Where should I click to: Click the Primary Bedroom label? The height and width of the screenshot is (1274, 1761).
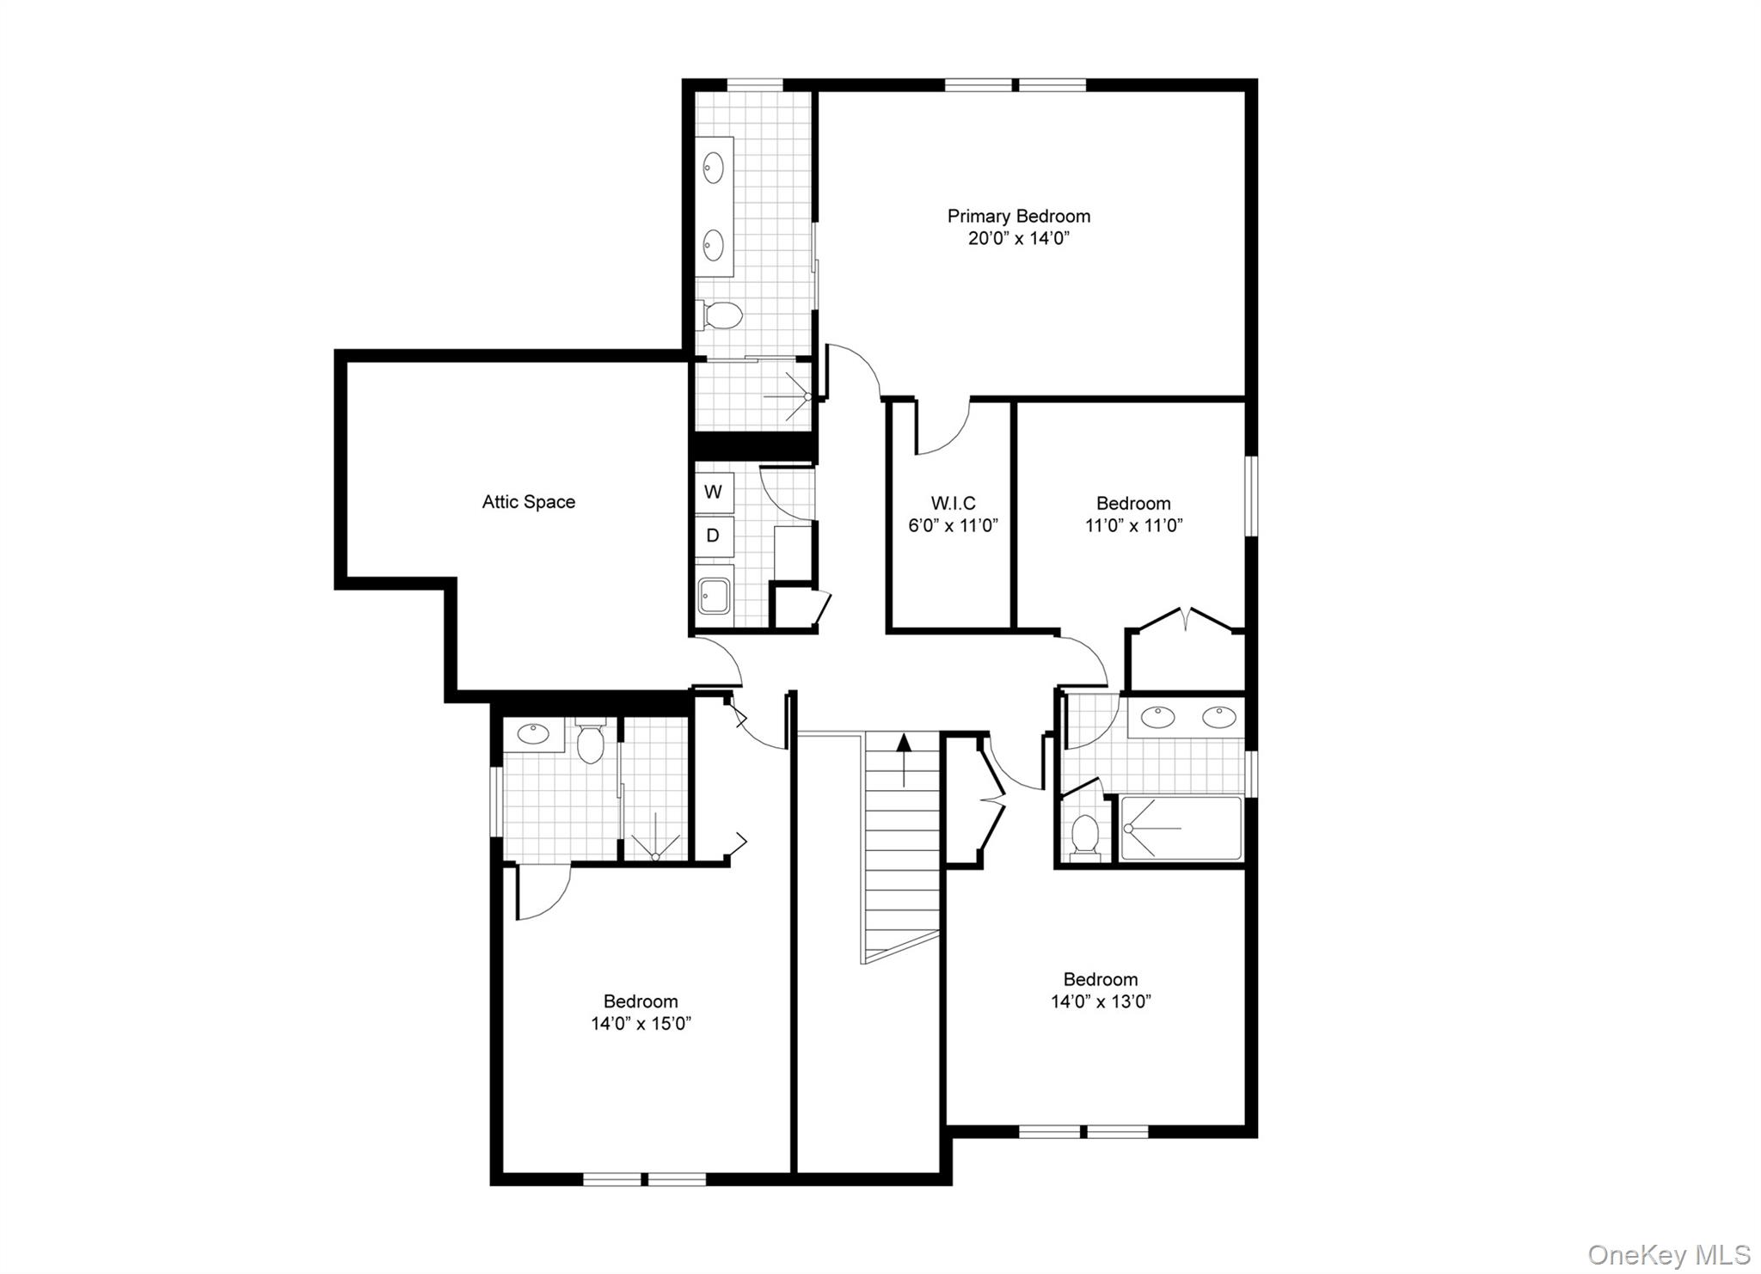click(1018, 217)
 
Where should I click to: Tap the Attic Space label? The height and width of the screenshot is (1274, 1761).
click(528, 502)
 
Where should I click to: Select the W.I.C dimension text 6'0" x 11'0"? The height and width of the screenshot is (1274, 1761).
click(953, 525)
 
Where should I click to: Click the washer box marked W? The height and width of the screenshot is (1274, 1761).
click(713, 493)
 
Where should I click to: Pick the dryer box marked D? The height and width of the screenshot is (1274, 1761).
click(713, 536)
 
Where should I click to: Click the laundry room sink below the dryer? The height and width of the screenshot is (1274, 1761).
click(714, 595)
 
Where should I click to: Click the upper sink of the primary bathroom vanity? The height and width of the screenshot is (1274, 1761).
click(714, 168)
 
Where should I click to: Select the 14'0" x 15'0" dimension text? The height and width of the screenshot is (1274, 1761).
click(641, 1024)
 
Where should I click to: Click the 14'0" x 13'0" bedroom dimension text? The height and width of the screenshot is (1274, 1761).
click(1101, 1001)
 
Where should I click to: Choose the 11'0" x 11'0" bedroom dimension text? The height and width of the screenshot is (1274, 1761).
click(1133, 525)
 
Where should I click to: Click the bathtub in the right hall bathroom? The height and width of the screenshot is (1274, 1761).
click(1181, 828)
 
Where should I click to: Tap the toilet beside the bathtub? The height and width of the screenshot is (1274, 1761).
click(1085, 836)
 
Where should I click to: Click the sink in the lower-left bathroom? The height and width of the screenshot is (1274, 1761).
click(533, 734)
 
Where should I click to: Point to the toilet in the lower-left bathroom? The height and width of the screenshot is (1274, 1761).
click(590, 743)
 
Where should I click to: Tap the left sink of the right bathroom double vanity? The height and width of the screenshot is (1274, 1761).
click(1158, 717)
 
